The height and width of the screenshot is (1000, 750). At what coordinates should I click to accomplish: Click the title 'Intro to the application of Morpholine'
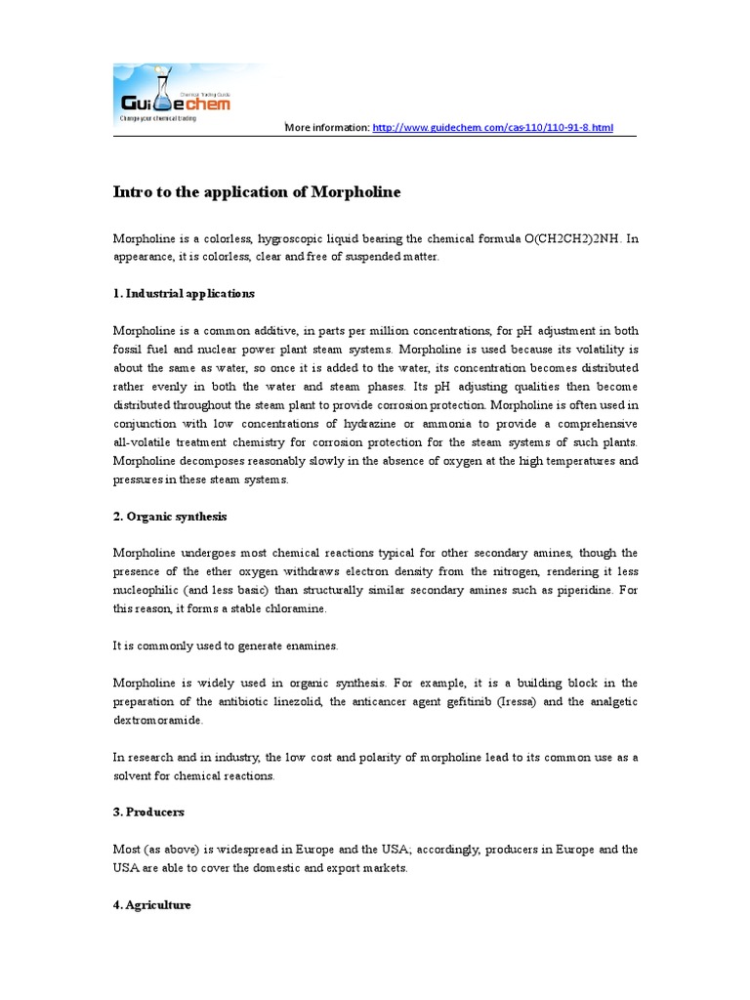tap(257, 192)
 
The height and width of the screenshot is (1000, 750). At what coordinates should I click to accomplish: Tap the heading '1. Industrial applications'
tap(184, 293)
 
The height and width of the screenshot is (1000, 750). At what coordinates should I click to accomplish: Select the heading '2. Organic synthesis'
tap(170, 516)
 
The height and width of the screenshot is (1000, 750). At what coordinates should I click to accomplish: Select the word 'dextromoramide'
tap(159, 719)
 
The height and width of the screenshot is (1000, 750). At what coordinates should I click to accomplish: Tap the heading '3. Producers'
tap(148, 812)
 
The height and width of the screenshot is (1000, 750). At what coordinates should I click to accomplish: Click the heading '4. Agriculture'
tap(152, 904)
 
